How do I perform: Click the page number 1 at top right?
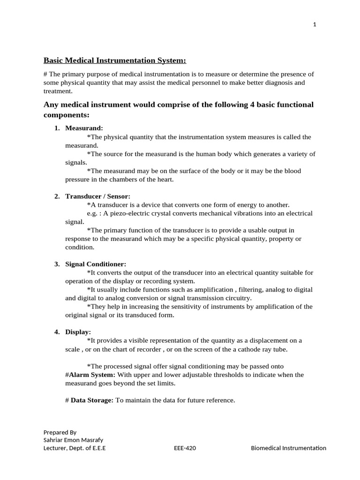[x=315, y=25]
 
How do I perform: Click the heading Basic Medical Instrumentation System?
[x=115, y=60]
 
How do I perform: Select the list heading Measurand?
[x=84, y=128]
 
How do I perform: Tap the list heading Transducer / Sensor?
[x=97, y=196]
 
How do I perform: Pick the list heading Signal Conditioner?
[x=96, y=264]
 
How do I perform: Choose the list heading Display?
[x=78, y=332]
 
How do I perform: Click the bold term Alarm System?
[x=92, y=375]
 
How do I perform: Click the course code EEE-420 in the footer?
[x=185, y=448]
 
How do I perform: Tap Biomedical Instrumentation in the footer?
[x=288, y=448]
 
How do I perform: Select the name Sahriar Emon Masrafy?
[x=73, y=440]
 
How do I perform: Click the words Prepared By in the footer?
[x=60, y=432]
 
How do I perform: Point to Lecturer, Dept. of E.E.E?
[x=74, y=448]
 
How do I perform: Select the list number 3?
[x=57, y=264]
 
